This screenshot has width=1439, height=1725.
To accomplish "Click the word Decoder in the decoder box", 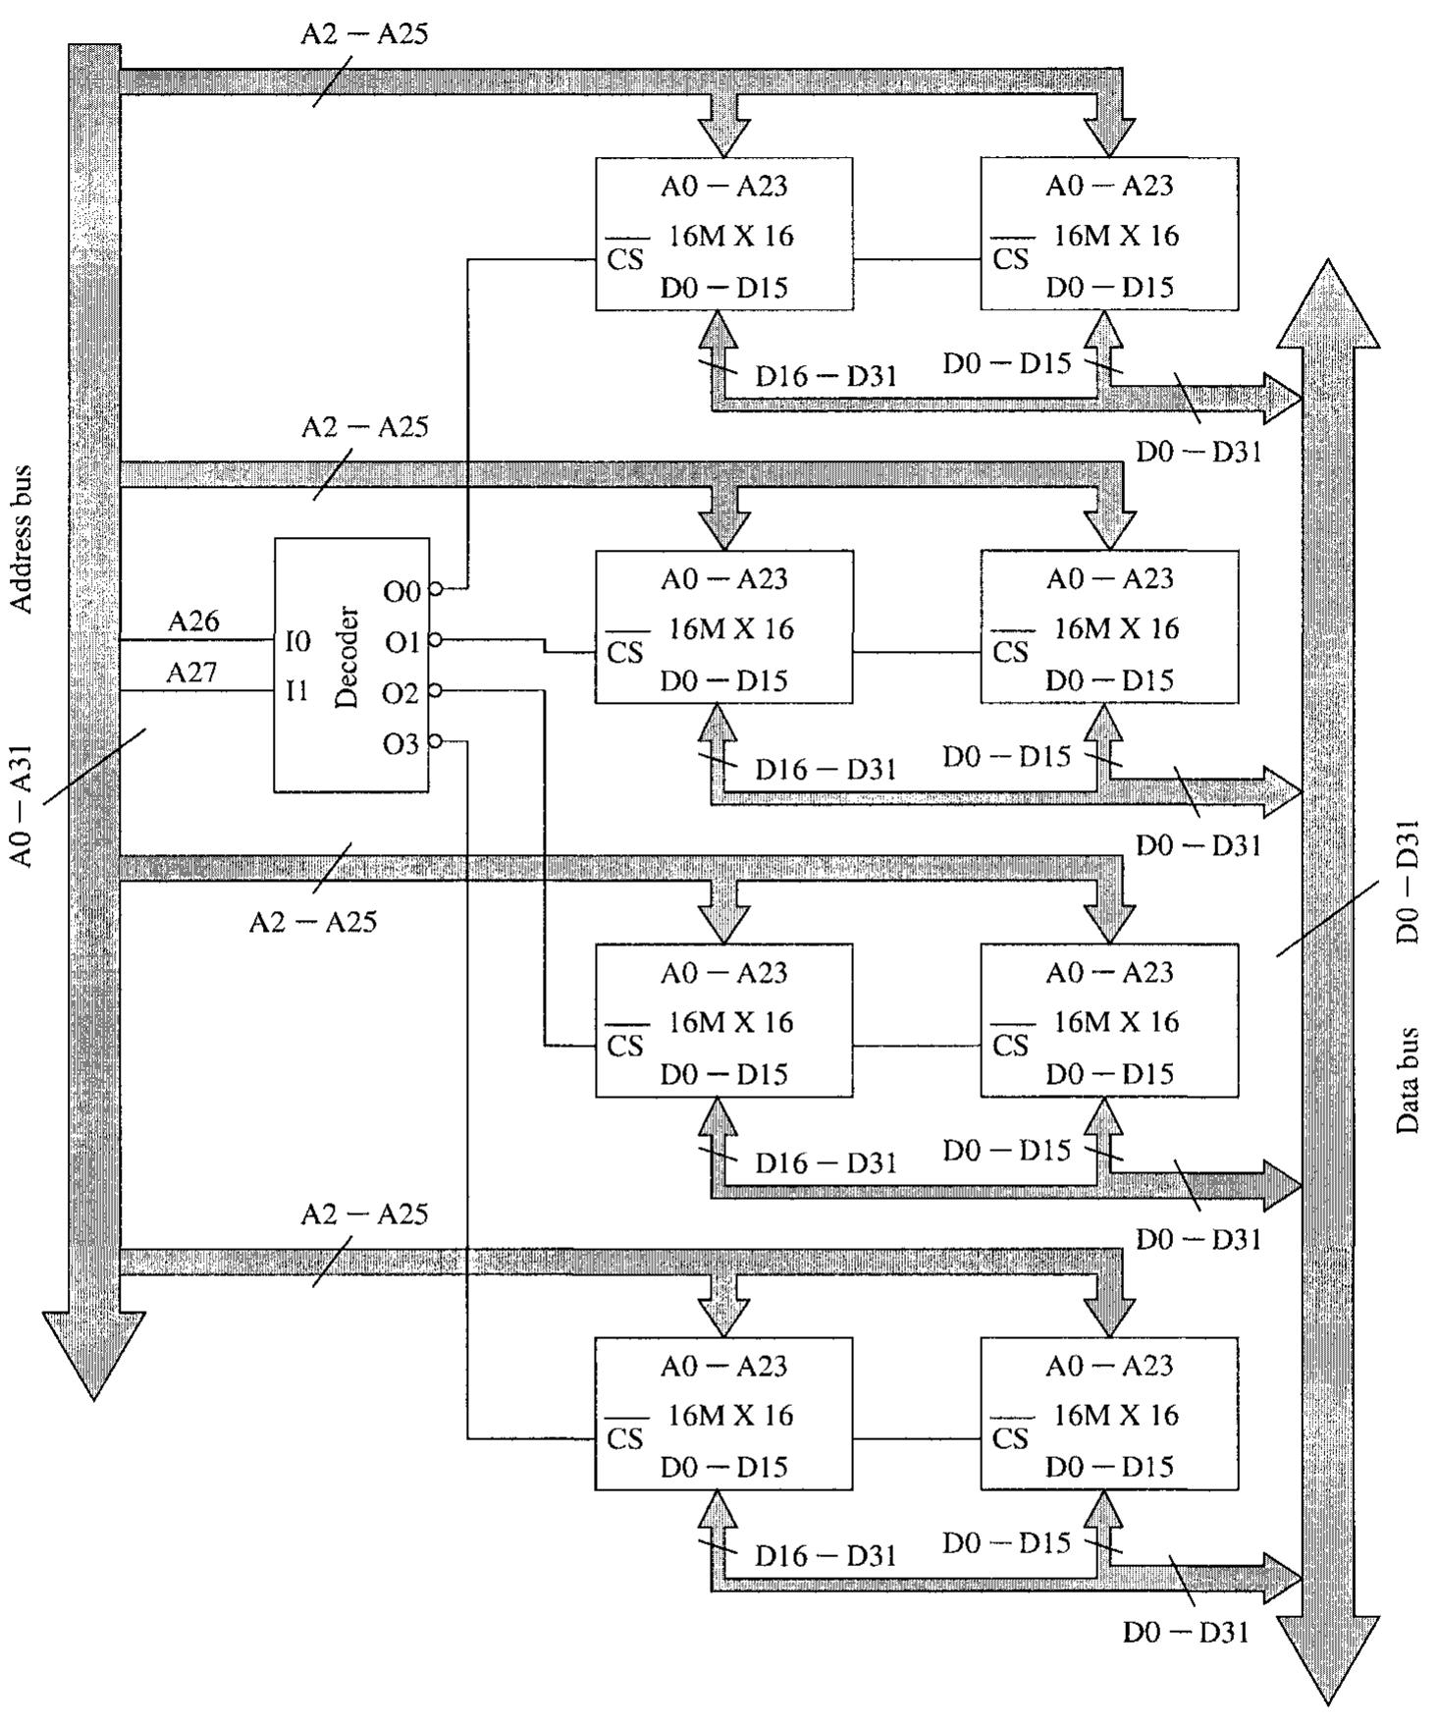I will [347, 657].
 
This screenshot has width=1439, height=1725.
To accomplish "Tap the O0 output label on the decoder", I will [401, 592].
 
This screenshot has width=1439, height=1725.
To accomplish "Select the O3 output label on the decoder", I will [400, 745].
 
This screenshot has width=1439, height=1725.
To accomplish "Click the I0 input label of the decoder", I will [297, 642].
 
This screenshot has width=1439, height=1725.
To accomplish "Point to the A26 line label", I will [193, 620].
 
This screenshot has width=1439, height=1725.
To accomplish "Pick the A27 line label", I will [191, 673].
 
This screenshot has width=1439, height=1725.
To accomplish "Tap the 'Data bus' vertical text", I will [1408, 1080].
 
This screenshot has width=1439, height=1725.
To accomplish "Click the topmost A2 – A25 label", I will [364, 34].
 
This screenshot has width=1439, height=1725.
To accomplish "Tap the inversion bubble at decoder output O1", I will [435, 640].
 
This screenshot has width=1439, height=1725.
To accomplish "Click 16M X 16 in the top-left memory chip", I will [731, 236].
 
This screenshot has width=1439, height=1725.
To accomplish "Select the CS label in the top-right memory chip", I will [1011, 259].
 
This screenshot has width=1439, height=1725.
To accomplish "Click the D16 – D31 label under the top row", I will [826, 376].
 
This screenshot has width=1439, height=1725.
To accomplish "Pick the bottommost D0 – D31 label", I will [1186, 1633].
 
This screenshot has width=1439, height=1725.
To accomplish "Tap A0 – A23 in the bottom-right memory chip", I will [1109, 1366].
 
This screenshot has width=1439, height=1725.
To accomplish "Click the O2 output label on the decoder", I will [400, 694].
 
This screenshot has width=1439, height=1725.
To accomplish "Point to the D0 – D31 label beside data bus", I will [1408, 881].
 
